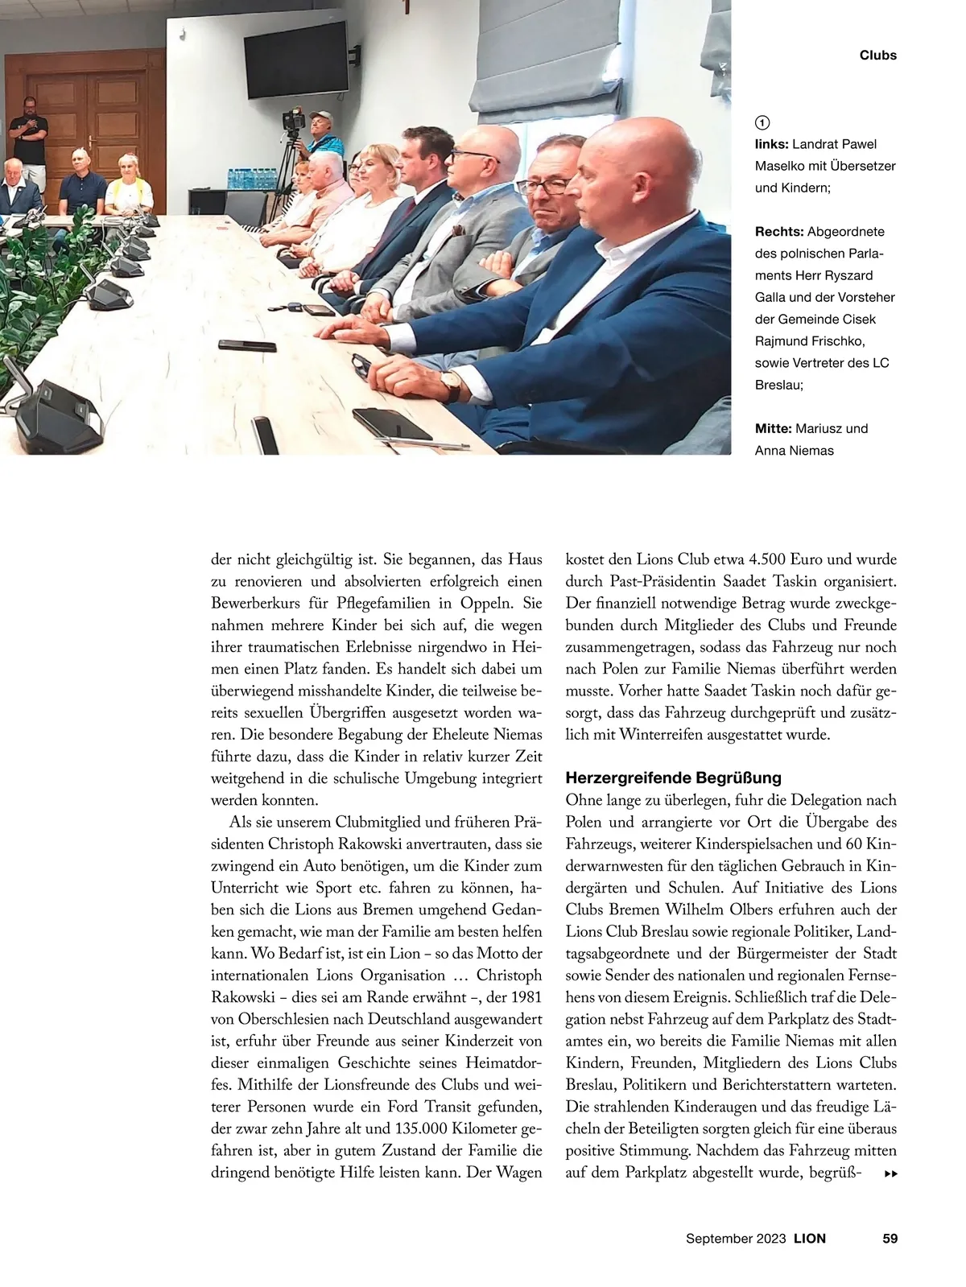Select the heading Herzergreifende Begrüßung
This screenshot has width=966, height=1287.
coord(673,778)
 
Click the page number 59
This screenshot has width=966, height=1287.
coord(890,1239)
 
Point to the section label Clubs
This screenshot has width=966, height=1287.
coord(877,56)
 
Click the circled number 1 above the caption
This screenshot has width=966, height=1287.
coord(762,122)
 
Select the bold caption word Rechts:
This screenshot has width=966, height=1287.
coord(779,232)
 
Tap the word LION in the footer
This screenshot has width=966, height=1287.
coord(810,1239)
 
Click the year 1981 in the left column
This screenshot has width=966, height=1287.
coord(524,997)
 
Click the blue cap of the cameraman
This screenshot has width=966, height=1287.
coord(320,115)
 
